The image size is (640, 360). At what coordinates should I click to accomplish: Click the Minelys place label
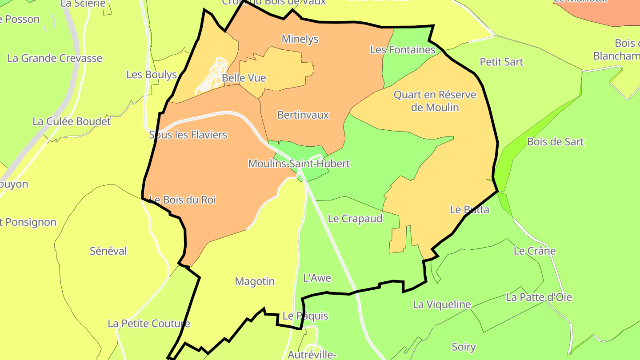tap(300, 39)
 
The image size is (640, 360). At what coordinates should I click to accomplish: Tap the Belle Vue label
tap(244, 78)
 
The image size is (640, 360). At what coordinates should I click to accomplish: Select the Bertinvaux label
tap(303, 115)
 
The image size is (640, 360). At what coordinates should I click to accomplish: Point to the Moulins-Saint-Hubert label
tap(299, 164)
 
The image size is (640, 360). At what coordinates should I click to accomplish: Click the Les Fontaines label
tap(403, 50)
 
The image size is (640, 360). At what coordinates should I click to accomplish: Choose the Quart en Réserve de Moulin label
tap(435, 101)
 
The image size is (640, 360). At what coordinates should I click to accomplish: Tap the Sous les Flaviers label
tap(188, 135)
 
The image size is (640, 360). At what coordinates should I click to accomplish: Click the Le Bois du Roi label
tap(182, 200)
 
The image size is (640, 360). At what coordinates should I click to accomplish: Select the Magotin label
tap(255, 281)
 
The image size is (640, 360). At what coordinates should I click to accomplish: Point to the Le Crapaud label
tap(355, 219)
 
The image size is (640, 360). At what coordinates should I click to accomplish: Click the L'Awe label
tap(317, 278)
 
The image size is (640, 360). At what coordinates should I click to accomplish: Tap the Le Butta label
tap(469, 210)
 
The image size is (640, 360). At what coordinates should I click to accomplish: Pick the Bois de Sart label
tap(555, 142)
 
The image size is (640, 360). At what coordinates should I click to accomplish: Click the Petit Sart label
tap(501, 62)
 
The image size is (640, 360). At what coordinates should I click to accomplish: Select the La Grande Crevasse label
tap(55, 58)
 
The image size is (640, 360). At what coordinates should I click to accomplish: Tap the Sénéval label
tap(108, 251)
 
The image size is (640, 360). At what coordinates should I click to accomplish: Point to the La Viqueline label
tap(442, 304)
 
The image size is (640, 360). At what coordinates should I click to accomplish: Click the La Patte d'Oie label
tap(539, 297)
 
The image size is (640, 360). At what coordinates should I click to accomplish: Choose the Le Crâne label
tap(535, 251)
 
